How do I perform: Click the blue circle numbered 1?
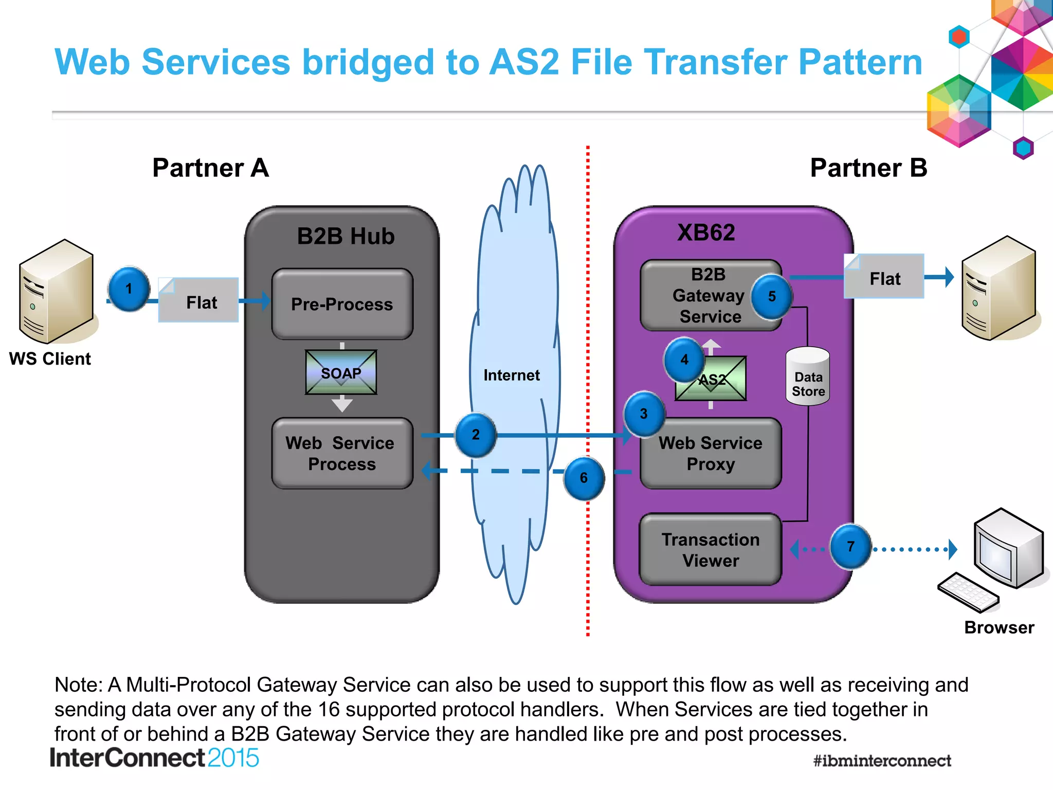pyautogui.click(x=129, y=289)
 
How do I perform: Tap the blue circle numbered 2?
pyautogui.click(x=476, y=435)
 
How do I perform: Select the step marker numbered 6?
pyautogui.click(x=584, y=478)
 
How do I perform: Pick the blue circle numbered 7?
pyautogui.click(x=850, y=546)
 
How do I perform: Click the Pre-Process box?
pyautogui.click(x=342, y=304)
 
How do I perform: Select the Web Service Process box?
pyautogui.click(x=342, y=453)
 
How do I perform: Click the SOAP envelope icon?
pyautogui.click(x=341, y=373)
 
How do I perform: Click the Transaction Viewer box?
pyautogui.click(x=711, y=549)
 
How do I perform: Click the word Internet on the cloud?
pyautogui.click(x=511, y=375)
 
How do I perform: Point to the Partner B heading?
pyautogui.click(x=868, y=168)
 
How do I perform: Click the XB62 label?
pyautogui.click(x=706, y=232)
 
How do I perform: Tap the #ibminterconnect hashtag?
pyautogui.click(x=882, y=760)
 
